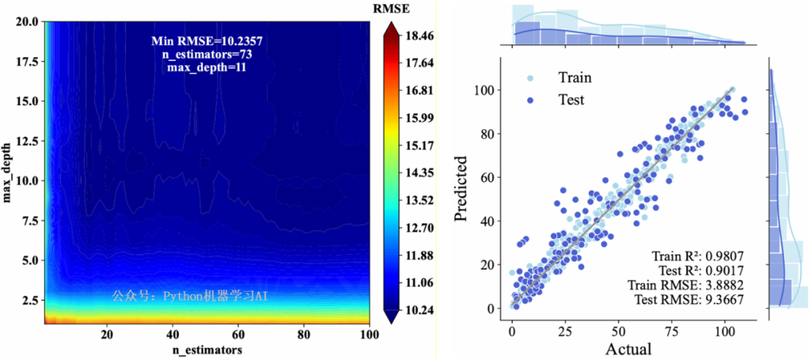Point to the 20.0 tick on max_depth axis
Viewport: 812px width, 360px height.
27,22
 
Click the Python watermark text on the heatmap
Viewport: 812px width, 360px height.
189,296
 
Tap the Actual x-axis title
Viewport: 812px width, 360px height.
629,349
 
